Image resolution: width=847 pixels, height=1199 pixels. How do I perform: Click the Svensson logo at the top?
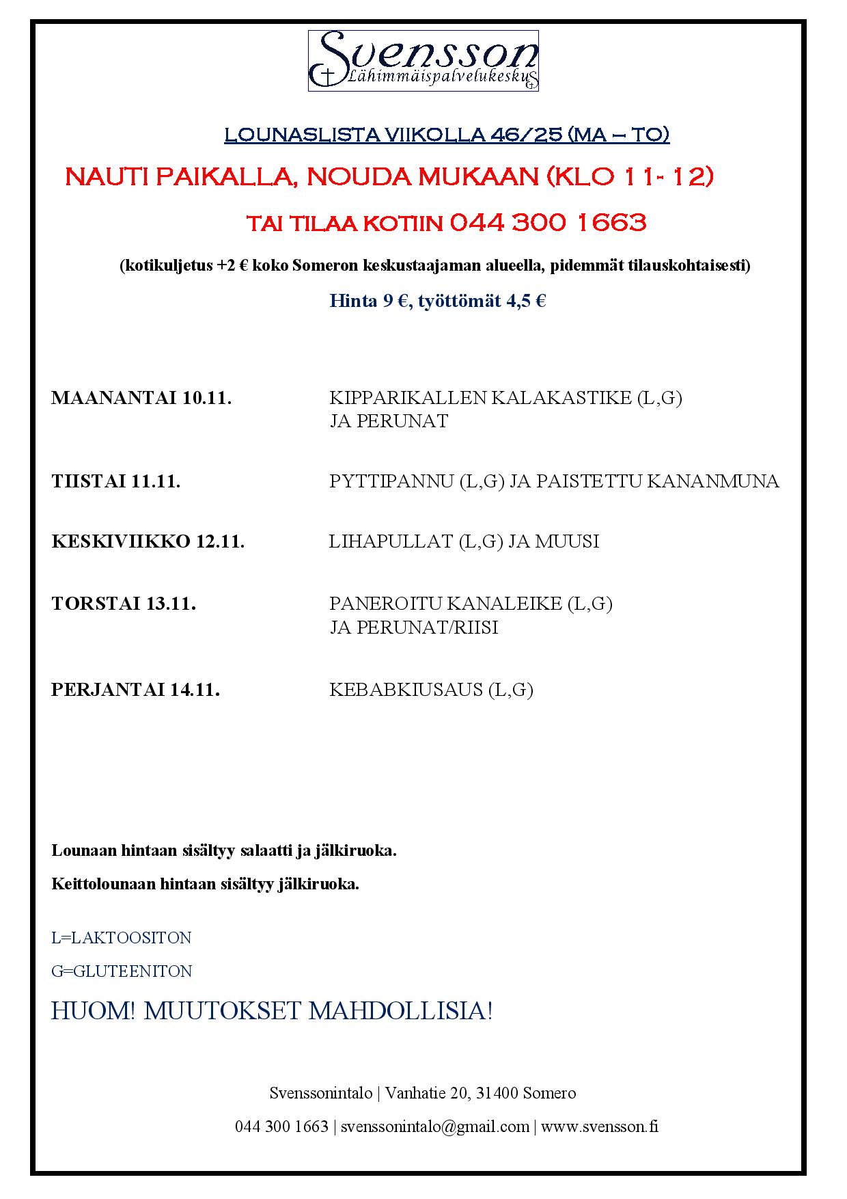coord(423,60)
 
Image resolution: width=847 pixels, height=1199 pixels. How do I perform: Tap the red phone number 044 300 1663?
coord(548,223)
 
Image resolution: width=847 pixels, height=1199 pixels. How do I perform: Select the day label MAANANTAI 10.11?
coord(141,399)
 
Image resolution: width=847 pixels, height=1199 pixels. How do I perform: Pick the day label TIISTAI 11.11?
coord(116,482)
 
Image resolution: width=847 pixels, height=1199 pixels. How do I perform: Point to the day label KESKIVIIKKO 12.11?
coord(148,542)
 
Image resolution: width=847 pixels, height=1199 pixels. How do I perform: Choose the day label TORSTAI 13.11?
coord(124,604)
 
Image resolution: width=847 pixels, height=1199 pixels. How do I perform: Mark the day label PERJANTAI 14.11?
coord(135,690)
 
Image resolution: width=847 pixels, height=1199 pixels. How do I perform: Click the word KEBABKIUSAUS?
coord(406,690)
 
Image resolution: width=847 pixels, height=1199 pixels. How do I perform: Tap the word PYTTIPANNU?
coord(391,482)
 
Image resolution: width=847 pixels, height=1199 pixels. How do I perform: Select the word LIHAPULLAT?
coord(391,542)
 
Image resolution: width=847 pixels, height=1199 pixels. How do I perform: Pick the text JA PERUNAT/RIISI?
coord(414,628)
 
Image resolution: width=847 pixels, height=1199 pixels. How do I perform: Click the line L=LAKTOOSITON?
coord(122,938)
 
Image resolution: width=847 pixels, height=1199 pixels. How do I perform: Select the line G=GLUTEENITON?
coord(122,971)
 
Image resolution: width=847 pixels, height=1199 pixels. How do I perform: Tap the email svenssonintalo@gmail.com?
coord(435,1127)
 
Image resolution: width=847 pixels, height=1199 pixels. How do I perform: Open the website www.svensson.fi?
coord(600,1127)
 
